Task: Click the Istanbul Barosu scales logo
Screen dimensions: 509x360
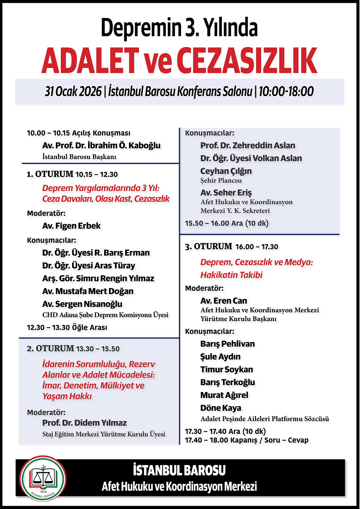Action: (x=43, y=479)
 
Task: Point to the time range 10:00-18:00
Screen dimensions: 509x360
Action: (x=286, y=92)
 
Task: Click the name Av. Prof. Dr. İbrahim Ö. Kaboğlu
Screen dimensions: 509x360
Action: (x=101, y=146)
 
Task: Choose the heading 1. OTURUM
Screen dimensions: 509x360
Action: (x=50, y=174)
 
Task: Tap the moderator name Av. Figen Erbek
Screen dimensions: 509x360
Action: (x=71, y=226)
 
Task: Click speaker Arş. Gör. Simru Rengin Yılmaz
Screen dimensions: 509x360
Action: (x=98, y=278)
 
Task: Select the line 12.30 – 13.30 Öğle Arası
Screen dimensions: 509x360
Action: (x=67, y=328)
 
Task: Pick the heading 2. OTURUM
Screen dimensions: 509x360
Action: (x=50, y=349)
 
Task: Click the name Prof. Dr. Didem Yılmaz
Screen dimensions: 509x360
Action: (x=84, y=423)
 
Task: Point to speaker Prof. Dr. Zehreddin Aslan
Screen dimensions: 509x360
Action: (x=248, y=146)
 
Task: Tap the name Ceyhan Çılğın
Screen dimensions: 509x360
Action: (x=226, y=171)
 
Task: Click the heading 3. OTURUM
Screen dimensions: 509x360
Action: (x=209, y=247)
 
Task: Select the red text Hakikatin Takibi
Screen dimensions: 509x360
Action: (x=231, y=275)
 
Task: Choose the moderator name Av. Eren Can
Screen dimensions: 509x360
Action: (x=224, y=301)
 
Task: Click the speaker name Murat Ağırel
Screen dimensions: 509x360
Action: (x=224, y=395)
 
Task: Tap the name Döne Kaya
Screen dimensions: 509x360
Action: (x=221, y=408)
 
